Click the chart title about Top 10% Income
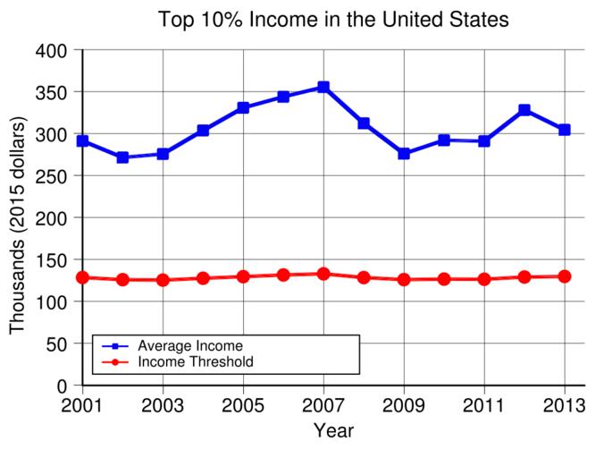(x=333, y=19)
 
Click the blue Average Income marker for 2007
(x=323, y=87)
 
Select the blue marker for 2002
(x=122, y=157)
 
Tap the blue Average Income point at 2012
(x=524, y=110)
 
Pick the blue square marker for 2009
(x=404, y=154)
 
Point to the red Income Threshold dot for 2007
(x=323, y=274)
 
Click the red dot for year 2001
(x=82, y=277)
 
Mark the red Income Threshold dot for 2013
(x=565, y=276)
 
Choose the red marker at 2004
(x=203, y=278)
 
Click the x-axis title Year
(x=333, y=431)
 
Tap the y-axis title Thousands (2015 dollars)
(x=18, y=225)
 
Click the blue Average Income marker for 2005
(x=243, y=108)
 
